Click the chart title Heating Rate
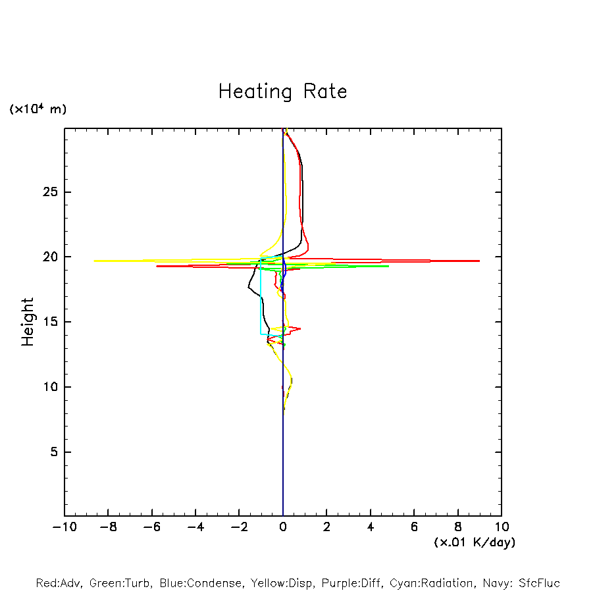click(282, 91)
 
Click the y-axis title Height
click(28, 322)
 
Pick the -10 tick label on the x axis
click(63, 527)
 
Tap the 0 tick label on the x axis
click(283, 527)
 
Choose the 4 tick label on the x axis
click(371, 527)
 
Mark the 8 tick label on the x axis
click(458, 527)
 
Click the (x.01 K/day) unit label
click(475, 542)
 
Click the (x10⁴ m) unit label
click(38, 109)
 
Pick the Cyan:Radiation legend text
click(431, 583)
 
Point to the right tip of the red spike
click(479, 261)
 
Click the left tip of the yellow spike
click(94, 261)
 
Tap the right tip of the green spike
click(388, 266)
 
